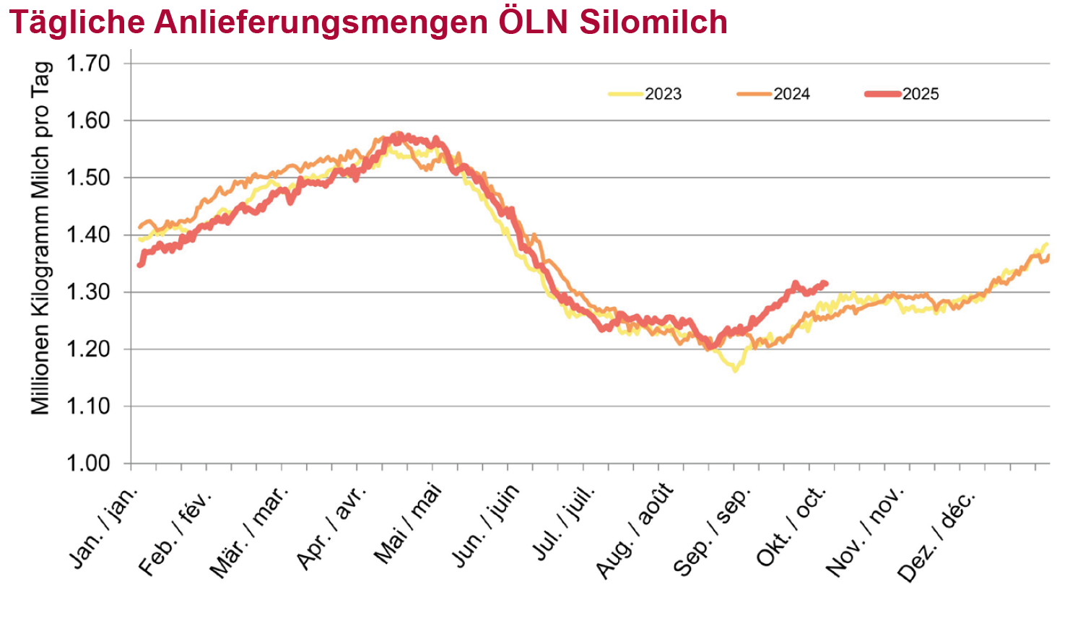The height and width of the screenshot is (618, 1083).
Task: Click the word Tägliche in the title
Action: (x=77, y=22)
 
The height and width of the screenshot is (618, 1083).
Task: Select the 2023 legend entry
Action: (x=663, y=94)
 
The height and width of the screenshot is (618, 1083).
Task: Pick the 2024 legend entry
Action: (x=791, y=94)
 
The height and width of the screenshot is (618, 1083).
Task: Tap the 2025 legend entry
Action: (x=920, y=94)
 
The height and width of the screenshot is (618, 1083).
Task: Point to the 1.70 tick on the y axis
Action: (x=89, y=64)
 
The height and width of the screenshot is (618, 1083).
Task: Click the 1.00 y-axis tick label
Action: (x=89, y=463)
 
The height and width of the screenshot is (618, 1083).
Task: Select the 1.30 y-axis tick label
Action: (x=89, y=292)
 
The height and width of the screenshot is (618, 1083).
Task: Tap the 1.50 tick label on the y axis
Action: (x=89, y=178)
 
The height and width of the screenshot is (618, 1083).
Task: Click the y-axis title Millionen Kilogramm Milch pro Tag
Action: (x=40, y=238)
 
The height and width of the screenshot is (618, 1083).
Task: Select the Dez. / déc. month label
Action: (x=936, y=536)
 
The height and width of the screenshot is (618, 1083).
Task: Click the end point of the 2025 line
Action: (x=825, y=284)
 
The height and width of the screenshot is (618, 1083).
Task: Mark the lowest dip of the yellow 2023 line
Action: (x=735, y=370)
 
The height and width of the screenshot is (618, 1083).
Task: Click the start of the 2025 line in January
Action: (x=140, y=265)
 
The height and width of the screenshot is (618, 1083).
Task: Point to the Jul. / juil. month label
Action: (x=564, y=523)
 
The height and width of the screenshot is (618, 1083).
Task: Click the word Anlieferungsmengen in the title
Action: (x=321, y=22)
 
